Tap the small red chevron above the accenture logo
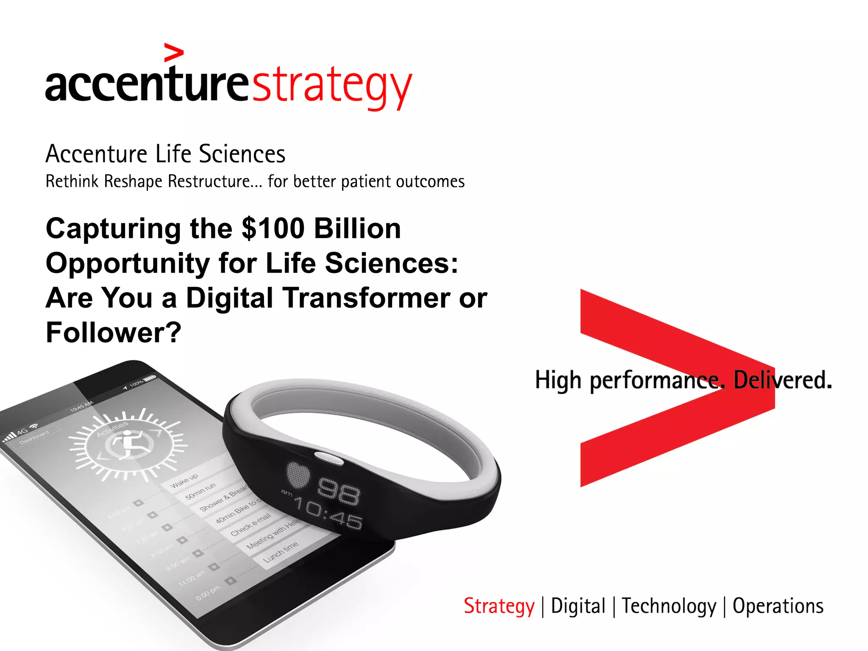(174, 53)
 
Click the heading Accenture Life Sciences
(165, 154)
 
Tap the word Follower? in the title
(114, 333)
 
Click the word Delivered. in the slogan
(782, 380)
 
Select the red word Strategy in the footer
(499, 606)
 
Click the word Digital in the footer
(578, 606)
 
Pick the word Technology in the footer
(669, 606)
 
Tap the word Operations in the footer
(778, 606)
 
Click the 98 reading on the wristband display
(339, 492)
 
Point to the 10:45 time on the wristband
(328, 514)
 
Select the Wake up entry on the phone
(184, 481)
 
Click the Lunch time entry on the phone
(281, 551)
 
